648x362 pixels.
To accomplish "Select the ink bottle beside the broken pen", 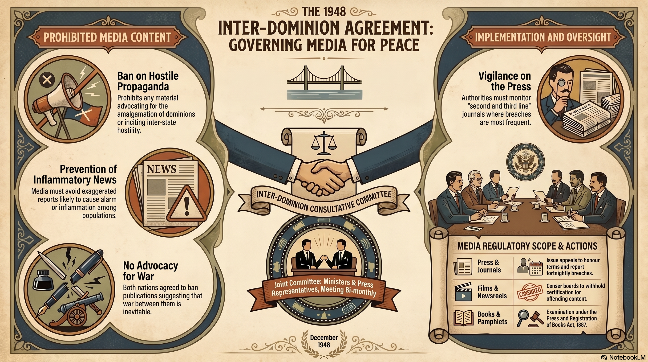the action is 43,280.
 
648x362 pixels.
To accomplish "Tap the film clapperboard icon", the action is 463,292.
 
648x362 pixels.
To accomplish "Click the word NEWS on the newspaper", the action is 162,169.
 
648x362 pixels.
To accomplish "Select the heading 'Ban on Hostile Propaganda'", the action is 148,81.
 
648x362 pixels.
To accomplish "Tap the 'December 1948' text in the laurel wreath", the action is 324,341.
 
